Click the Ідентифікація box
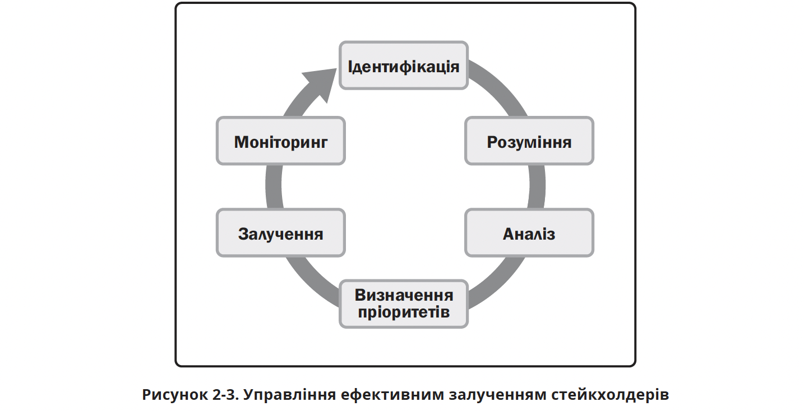click(404, 66)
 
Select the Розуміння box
click(529, 141)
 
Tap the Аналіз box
click(529, 233)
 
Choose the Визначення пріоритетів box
click(404, 303)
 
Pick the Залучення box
click(280, 233)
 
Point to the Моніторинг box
click(280, 141)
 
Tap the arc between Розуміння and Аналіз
click(537, 187)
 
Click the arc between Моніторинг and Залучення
click(273, 187)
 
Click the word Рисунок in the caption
click(174, 395)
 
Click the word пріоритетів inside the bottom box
click(403, 312)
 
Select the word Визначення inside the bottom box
click(404, 295)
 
